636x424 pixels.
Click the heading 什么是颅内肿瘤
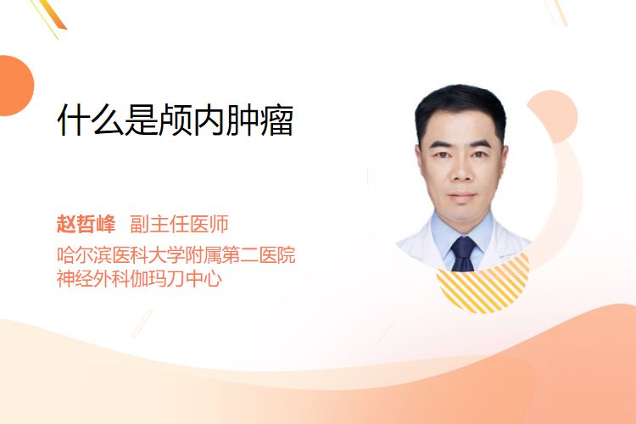(176, 120)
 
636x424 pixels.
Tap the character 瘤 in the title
(276, 120)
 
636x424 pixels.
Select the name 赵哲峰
(86, 224)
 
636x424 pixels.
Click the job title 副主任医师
(179, 224)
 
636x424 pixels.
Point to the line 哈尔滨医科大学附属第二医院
(176, 254)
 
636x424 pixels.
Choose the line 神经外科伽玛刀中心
(139, 278)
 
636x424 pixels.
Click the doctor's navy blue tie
(463, 254)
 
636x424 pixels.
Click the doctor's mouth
(461, 196)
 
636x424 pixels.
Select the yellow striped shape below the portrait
(483, 284)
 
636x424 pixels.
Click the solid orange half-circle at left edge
(15, 86)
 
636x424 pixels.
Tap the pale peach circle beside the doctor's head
(556, 115)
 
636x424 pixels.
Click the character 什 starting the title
(74, 120)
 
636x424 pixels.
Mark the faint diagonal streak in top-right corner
(556, 12)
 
